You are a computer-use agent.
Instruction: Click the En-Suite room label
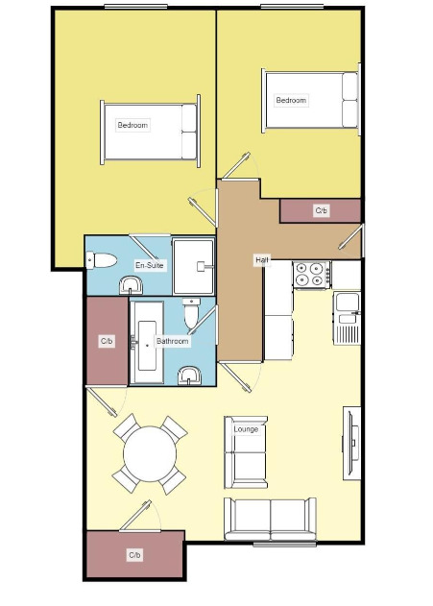150,265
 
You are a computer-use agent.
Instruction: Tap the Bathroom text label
172,341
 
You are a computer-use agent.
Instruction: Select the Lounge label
246,429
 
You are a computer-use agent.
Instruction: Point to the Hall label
261,260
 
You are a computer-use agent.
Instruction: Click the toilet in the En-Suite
101,260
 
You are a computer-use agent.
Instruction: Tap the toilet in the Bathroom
191,313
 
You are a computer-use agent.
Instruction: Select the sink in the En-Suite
131,285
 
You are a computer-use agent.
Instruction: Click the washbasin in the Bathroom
189,376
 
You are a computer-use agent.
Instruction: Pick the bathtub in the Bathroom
147,343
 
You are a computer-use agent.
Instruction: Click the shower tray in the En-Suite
193,267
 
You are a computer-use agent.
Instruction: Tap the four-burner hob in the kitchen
312,275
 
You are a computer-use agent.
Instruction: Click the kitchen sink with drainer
347,318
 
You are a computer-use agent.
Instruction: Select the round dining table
150,453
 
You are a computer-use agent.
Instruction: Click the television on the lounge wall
352,444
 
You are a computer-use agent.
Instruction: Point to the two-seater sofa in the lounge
271,519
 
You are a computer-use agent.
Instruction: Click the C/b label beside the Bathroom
107,341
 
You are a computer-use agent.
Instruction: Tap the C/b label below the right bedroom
322,210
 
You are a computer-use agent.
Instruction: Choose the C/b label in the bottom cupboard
134,555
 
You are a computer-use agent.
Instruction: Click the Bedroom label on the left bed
132,125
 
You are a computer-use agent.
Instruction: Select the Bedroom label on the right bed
291,100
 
